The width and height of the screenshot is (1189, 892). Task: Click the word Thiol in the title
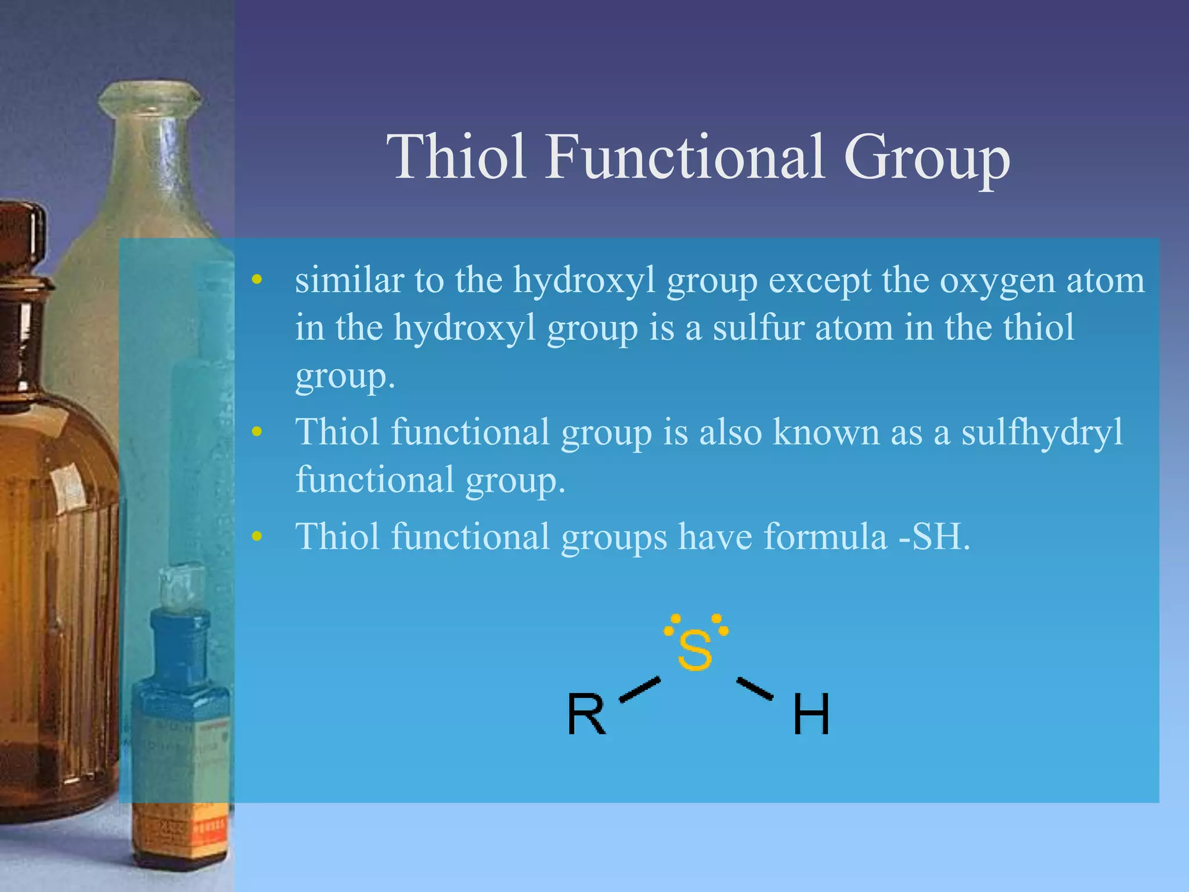pyautogui.click(x=456, y=157)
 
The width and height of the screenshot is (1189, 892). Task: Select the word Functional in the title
pyautogui.click(x=684, y=157)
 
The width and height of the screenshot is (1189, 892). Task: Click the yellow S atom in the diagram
pyautogui.click(x=694, y=650)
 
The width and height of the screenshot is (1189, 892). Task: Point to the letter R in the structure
pyautogui.click(x=586, y=714)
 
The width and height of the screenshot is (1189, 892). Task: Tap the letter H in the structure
pyautogui.click(x=811, y=714)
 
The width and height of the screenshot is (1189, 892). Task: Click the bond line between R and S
pyautogui.click(x=640, y=689)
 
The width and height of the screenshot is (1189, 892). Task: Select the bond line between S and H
pyautogui.click(x=755, y=689)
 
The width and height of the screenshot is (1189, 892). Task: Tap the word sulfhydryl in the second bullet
pyautogui.click(x=1042, y=433)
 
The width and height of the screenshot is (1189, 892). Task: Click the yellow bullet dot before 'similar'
pyautogui.click(x=257, y=281)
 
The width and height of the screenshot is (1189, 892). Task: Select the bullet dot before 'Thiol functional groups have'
pyautogui.click(x=257, y=537)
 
